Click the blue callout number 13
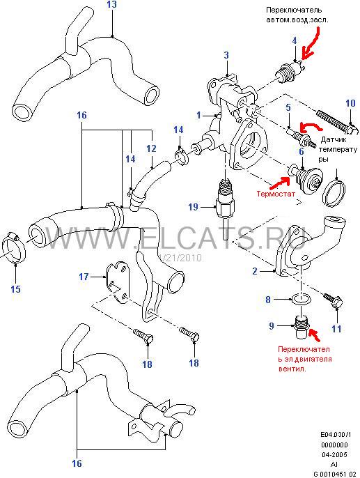click(x=112, y=5)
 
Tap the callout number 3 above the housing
click(x=226, y=55)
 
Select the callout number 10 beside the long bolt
click(x=350, y=103)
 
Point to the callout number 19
click(x=194, y=208)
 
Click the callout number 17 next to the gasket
click(x=84, y=277)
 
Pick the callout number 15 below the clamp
click(x=15, y=289)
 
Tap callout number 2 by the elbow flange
click(x=255, y=271)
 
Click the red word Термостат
click(x=276, y=194)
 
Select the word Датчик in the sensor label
click(x=334, y=140)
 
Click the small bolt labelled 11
click(x=334, y=300)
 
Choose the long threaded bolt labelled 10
click(x=336, y=121)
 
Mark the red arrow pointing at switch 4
click(x=311, y=43)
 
